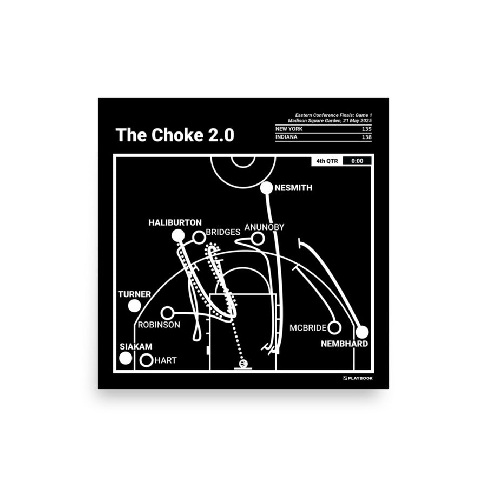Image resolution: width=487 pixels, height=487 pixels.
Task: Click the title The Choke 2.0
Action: (x=174, y=135)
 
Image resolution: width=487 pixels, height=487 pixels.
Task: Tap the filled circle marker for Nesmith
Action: (x=267, y=188)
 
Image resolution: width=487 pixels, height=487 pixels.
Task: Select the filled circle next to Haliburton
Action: (x=177, y=235)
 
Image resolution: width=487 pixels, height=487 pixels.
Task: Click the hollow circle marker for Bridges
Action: (x=199, y=236)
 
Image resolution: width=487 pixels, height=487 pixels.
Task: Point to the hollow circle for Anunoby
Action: (x=258, y=238)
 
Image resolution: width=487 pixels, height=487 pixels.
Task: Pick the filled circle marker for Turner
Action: (x=135, y=306)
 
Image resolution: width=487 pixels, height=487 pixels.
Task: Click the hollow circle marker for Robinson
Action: (x=168, y=313)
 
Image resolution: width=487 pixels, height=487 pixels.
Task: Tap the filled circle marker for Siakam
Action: (x=126, y=358)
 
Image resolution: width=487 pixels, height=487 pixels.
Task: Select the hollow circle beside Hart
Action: (x=146, y=360)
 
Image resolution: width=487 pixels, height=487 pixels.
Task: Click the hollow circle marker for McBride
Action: (x=334, y=327)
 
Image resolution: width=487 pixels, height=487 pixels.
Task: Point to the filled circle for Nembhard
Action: (x=361, y=332)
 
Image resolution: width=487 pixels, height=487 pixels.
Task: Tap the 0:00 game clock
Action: (x=357, y=161)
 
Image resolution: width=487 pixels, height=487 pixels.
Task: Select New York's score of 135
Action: (x=365, y=129)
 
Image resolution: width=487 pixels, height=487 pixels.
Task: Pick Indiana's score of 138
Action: (x=365, y=138)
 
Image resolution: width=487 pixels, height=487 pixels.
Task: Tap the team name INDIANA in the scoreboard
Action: (x=287, y=138)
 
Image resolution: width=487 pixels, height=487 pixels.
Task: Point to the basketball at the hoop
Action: (x=243, y=364)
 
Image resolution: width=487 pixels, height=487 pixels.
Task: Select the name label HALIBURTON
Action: (x=176, y=222)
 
